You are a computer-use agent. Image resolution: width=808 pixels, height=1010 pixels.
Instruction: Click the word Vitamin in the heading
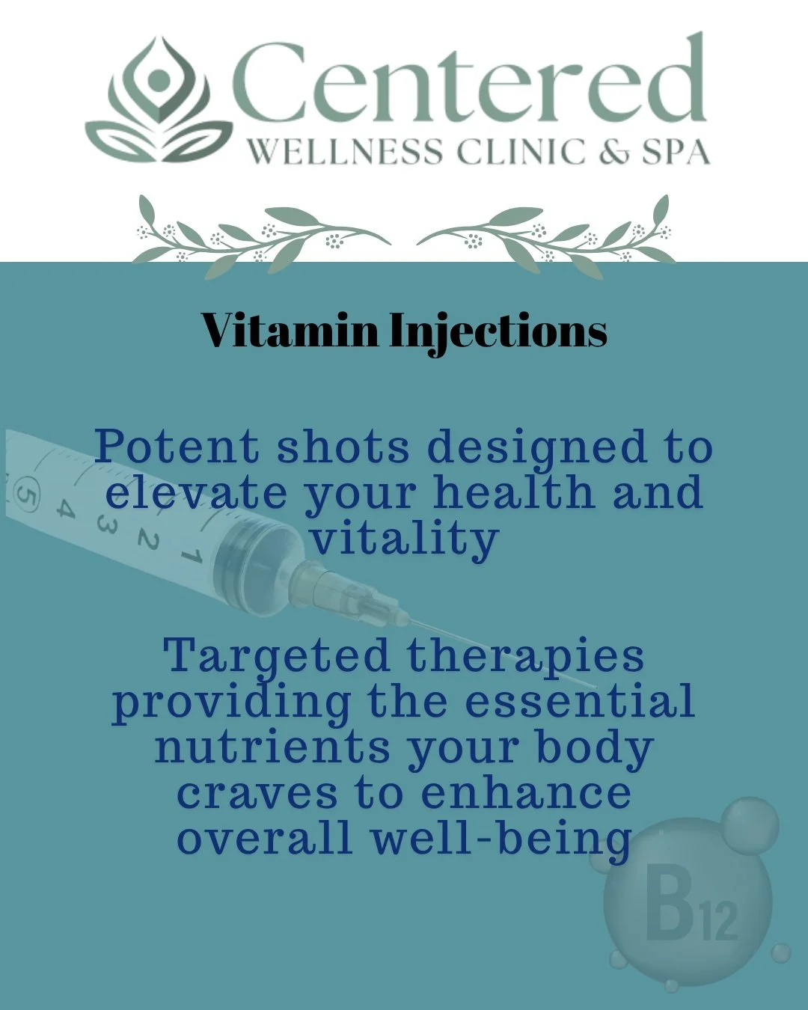(x=290, y=330)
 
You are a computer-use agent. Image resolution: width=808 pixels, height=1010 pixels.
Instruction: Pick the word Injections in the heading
(x=498, y=331)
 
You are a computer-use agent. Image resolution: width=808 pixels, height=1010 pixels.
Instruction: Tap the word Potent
(x=177, y=447)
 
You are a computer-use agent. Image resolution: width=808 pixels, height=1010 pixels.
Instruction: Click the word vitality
(x=405, y=539)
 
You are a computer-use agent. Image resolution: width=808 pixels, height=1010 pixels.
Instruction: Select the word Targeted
(x=277, y=656)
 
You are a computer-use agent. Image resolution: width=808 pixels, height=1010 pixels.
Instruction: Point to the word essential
(x=580, y=701)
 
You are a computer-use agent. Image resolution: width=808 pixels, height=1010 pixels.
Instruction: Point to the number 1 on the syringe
(x=192, y=557)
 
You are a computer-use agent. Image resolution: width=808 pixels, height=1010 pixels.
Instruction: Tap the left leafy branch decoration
(x=262, y=233)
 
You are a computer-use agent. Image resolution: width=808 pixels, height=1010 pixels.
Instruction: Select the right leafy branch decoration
(x=546, y=233)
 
